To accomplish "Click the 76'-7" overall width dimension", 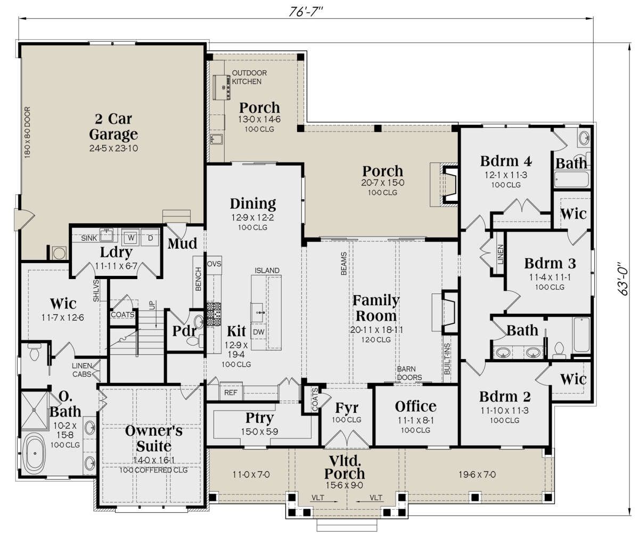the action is pos(306,12).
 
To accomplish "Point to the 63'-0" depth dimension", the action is pos(623,279).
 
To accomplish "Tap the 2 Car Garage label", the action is pos(113,126).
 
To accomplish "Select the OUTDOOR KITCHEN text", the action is pos(249,77).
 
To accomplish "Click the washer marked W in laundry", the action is pos(131,237).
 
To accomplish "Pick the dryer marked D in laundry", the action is pos(150,238).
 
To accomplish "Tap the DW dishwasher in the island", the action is pos(259,332).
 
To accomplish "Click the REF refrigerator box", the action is pos(231,393).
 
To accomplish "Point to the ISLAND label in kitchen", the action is pos(267,271).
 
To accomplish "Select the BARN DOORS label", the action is pos(409,373).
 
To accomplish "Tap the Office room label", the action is pos(415,406).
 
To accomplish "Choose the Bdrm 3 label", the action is pos(550,263).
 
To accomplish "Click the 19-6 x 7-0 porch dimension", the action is pos(477,475).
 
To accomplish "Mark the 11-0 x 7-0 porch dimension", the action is pos(251,475).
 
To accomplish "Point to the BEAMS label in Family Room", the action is pos(343,264).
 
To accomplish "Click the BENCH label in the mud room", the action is pos(198,279).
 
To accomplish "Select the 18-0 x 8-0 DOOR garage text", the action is pos(27,132).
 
